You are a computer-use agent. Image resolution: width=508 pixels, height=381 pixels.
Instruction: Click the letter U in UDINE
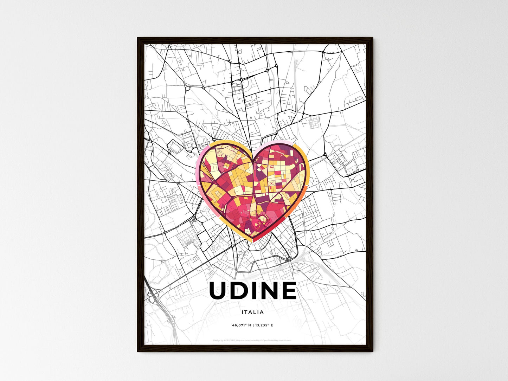pyautogui.click(x=219, y=291)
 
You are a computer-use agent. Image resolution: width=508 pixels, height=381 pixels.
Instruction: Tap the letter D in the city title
pyautogui.click(x=239, y=291)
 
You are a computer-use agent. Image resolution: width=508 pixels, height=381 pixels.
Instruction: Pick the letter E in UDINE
pyautogui.click(x=289, y=291)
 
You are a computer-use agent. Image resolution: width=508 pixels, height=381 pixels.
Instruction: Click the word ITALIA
pyautogui.click(x=253, y=312)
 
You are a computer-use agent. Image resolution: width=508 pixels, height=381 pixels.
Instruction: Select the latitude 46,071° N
pyautogui.click(x=241, y=325)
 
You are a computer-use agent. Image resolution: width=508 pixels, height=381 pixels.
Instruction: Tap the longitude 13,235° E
pyautogui.click(x=264, y=325)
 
